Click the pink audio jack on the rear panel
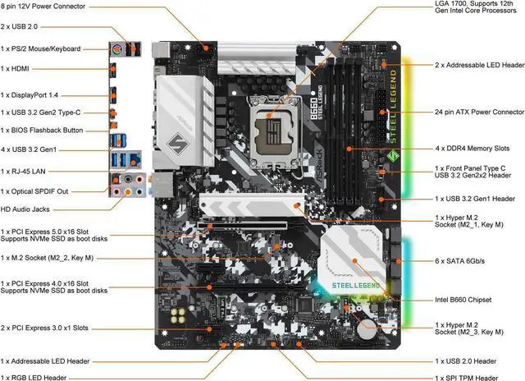(119, 191)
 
